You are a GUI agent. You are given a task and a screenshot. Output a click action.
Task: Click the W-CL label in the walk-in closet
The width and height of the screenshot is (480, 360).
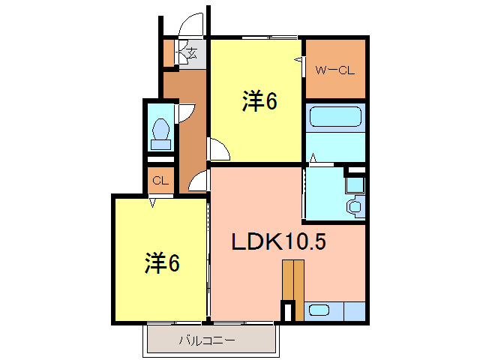[x=334, y=71]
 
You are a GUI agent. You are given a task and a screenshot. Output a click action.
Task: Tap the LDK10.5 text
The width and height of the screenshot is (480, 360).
[x=277, y=241]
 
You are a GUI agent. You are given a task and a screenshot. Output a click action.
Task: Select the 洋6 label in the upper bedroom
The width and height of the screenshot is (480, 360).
[x=259, y=101]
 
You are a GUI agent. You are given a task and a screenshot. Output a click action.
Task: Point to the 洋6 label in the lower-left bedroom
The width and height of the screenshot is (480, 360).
[x=162, y=262]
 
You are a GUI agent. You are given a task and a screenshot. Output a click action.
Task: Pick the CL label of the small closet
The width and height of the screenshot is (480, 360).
[x=159, y=181]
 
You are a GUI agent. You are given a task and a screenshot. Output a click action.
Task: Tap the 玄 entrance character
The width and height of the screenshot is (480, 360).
[x=191, y=52]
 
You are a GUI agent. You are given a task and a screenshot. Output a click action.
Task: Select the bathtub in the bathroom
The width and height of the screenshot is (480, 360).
[x=334, y=119]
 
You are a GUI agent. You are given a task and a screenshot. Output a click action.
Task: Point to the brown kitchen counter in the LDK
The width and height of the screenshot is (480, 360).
[x=293, y=279]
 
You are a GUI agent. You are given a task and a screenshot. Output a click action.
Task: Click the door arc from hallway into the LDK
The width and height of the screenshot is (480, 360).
[x=199, y=181]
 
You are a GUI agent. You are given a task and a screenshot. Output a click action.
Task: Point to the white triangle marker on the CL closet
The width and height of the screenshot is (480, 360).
[x=153, y=200]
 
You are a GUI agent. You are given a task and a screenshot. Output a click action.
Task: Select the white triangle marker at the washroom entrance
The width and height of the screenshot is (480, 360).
[x=312, y=159]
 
